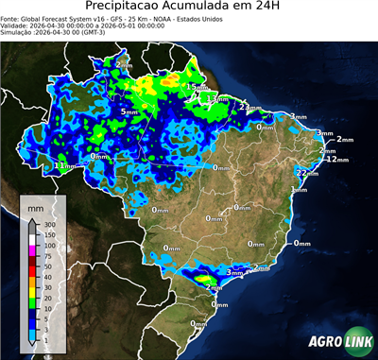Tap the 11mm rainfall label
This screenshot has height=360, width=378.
pyautogui.click(x=64, y=165)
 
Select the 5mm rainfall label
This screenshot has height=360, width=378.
pyautogui.click(x=128, y=111)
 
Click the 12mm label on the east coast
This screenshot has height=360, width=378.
pyautogui.click(x=332, y=159)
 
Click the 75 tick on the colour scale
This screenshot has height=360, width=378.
pyautogui.click(x=48, y=255)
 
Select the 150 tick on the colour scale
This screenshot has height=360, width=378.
pyautogui.click(x=50, y=234)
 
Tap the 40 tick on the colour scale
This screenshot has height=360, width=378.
pyautogui.click(x=48, y=276)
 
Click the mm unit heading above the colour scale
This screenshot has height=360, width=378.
pyautogui.click(x=35, y=204)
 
